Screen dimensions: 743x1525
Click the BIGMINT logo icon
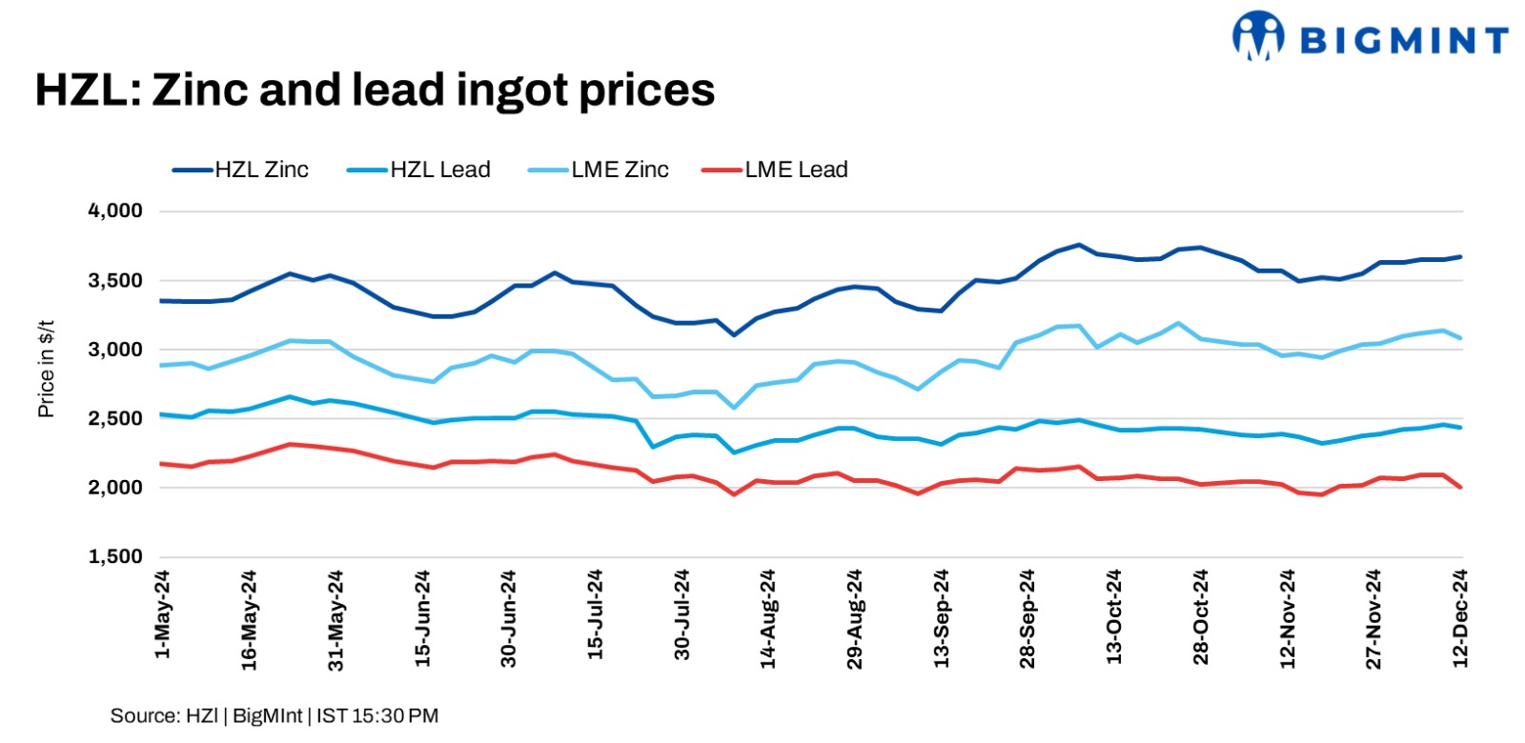[1258, 36]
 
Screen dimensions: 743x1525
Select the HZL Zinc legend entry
[241, 170]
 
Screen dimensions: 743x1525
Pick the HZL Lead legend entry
[419, 170]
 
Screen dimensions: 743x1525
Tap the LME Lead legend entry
[775, 170]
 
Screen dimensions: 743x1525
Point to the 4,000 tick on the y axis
[115, 211]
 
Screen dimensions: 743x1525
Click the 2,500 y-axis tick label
[115, 418]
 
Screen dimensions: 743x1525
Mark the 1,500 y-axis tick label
[115, 556]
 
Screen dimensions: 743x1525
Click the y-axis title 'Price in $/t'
[46, 369]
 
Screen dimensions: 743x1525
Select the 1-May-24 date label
[162, 614]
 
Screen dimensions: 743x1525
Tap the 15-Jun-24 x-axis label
[422, 617]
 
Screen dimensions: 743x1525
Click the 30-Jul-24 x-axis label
[681, 614]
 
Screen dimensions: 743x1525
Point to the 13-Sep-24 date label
[941, 617]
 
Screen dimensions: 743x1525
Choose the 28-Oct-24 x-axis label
[1200, 616]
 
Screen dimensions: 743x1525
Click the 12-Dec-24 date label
[1459, 617]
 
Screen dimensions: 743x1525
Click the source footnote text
[274, 715]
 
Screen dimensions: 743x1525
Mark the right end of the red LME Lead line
[1461, 487]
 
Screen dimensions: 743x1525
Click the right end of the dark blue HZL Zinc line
[1461, 256]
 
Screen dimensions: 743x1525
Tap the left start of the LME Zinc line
[160, 365]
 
